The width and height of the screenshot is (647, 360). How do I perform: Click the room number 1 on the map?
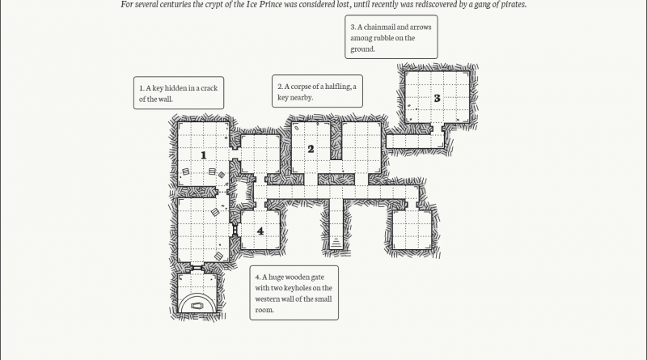[x=204, y=154]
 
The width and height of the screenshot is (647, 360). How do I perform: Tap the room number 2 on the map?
[x=311, y=149]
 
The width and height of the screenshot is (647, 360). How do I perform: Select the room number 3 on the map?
[x=437, y=98]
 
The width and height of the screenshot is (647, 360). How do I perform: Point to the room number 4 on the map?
[x=260, y=231]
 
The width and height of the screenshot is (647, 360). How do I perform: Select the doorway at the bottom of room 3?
[x=438, y=128]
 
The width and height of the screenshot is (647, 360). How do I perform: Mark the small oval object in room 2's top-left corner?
[x=297, y=128]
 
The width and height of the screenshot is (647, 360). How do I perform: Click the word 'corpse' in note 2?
[x=305, y=87]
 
